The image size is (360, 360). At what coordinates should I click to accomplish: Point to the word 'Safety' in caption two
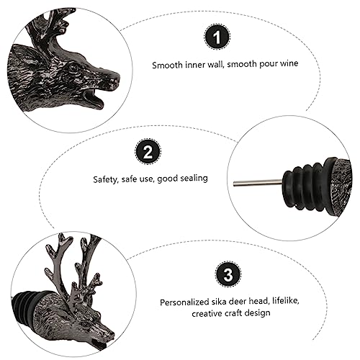tap(107, 179)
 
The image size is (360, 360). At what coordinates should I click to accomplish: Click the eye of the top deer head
tap(73, 67)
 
